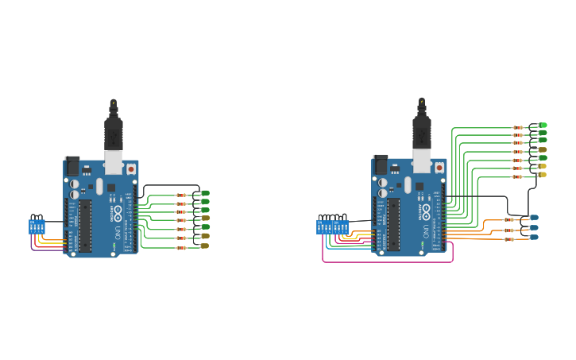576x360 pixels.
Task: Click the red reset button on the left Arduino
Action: click(130, 168)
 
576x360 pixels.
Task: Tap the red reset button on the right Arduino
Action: click(439, 168)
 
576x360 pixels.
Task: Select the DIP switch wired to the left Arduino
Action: click(37, 226)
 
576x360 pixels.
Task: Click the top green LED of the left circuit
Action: click(205, 193)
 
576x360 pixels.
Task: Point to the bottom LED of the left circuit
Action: click(204, 246)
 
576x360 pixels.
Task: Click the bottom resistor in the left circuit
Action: click(181, 247)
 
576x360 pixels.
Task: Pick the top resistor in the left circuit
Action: click(181, 195)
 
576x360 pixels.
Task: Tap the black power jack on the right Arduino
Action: click(381, 165)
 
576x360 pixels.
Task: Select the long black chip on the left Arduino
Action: click(85, 225)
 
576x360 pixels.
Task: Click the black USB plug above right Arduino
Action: click(421, 130)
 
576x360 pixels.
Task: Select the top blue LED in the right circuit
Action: click(534, 218)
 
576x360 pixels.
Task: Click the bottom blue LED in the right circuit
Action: click(534, 237)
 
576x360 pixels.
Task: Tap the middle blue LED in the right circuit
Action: click(534, 227)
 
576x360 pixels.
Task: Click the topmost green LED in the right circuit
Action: click(543, 125)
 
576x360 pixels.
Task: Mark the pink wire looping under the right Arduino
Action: click(389, 261)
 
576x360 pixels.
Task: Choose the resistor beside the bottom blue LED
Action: click(508, 238)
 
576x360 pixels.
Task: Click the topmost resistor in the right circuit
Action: click(518, 127)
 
